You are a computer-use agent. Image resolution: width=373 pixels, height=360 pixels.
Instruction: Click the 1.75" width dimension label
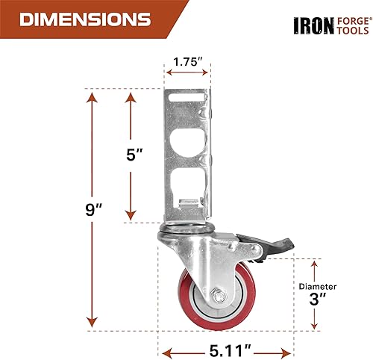(187, 61)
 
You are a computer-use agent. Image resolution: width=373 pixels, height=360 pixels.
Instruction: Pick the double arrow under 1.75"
(187, 73)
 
